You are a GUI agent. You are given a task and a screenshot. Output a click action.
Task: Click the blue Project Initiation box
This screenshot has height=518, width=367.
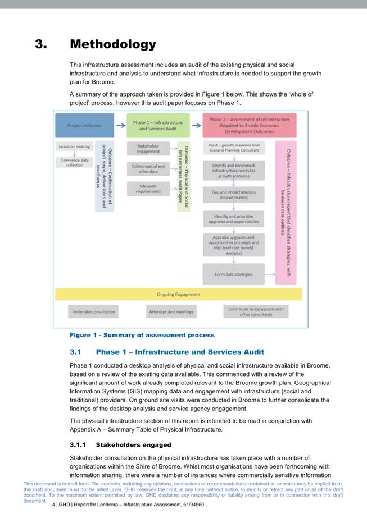pyautogui.click(x=84, y=126)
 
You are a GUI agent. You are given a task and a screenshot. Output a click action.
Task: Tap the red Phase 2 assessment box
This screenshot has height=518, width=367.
pyautogui.click(x=250, y=126)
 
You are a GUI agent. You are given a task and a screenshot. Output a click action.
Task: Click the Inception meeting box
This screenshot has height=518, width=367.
pyautogui.click(x=74, y=147)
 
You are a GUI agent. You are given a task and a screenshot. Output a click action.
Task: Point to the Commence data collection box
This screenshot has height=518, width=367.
pyautogui.click(x=74, y=162)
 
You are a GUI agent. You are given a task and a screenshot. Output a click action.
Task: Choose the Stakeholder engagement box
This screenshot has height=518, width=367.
pyautogui.click(x=148, y=148)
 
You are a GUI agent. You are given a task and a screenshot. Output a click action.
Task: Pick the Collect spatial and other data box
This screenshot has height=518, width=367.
pyautogui.click(x=148, y=168)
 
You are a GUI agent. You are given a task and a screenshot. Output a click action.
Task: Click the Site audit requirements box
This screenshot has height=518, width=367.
pyautogui.click(x=148, y=189)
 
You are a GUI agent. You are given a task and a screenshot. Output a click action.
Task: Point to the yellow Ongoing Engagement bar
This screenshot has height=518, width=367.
pyautogui.click(x=178, y=294)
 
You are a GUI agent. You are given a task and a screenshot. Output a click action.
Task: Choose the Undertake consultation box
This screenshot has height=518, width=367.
pyautogui.click(x=93, y=311)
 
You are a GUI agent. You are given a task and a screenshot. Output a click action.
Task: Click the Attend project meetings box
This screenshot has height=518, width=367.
pyautogui.click(x=171, y=311)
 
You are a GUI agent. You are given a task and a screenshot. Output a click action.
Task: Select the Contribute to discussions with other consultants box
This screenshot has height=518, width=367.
pyautogui.click(x=255, y=311)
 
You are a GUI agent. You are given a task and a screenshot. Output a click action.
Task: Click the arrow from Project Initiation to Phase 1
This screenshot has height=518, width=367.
pyautogui.click(x=120, y=125)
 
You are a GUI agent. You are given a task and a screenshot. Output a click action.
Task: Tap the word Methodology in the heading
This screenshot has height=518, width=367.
pyautogui.click(x=113, y=44)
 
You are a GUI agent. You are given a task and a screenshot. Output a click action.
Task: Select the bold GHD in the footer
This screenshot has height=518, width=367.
pyautogui.click(x=65, y=505)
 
